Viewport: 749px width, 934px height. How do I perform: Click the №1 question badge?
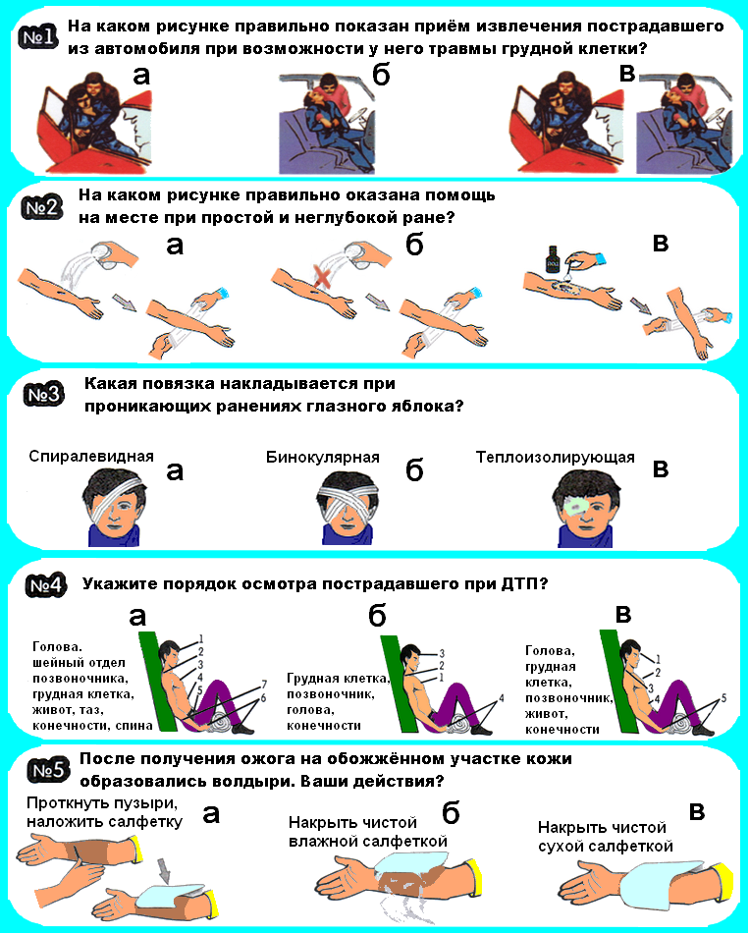(x=39, y=37)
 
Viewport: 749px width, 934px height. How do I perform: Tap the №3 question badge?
(x=44, y=395)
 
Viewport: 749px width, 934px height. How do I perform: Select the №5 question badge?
(x=47, y=771)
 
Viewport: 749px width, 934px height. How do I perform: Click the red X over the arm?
(x=323, y=278)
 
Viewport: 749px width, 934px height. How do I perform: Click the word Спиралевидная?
(x=91, y=457)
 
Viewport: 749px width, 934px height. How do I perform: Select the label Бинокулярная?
(x=323, y=457)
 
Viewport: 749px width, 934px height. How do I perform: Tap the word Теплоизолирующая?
(x=555, y=458)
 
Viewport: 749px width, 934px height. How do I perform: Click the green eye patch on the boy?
(x=576, y=507)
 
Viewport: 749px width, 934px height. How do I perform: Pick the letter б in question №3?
(x=414, y=469)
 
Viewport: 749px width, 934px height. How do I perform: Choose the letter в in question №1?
(x=627, y=74)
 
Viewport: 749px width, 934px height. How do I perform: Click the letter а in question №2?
(x=175, y=246)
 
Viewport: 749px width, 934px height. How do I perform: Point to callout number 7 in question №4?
(x=264, y=684)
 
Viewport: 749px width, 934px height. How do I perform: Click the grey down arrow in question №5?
(x=164, y=870)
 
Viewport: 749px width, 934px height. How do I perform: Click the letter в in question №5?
(x=697, y=811)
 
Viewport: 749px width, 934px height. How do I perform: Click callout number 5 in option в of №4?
(x=723, y=697)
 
